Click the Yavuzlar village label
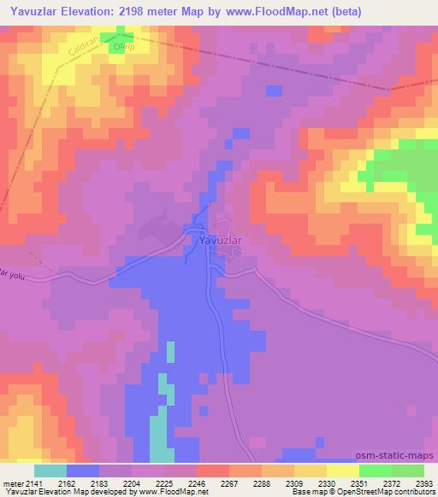tap(221, 241)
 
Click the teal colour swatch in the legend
tap(50, 471)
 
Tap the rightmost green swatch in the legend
tap(408, 471)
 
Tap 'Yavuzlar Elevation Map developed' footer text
tap(60, 493)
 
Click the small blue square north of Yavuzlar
tap(274, 91)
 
